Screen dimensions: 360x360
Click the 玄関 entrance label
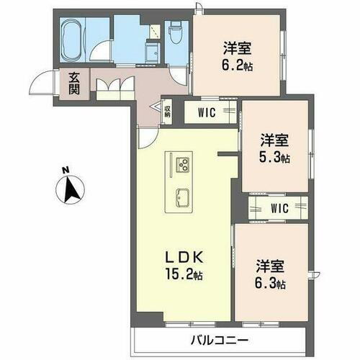point(75,84)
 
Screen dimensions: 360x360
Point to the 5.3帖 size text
point(274,156)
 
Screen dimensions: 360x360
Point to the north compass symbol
point(69,191)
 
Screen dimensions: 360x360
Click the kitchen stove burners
point(181,164)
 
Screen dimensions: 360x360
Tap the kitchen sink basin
point(181,195)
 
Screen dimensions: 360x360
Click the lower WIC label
point(279,208)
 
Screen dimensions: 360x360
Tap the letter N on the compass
point(65,171)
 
